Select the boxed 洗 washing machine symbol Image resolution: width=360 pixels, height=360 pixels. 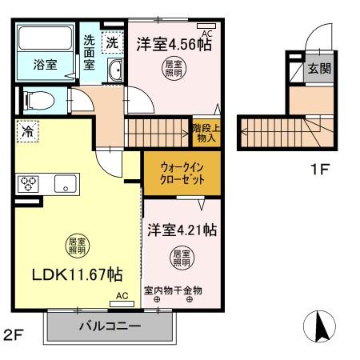(x=114, y=41)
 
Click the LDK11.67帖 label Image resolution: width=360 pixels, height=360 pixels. (x=77, y=274)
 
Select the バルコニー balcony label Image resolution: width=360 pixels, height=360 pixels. (x=110, y=326)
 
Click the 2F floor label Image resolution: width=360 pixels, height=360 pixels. (x=13, y=334)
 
